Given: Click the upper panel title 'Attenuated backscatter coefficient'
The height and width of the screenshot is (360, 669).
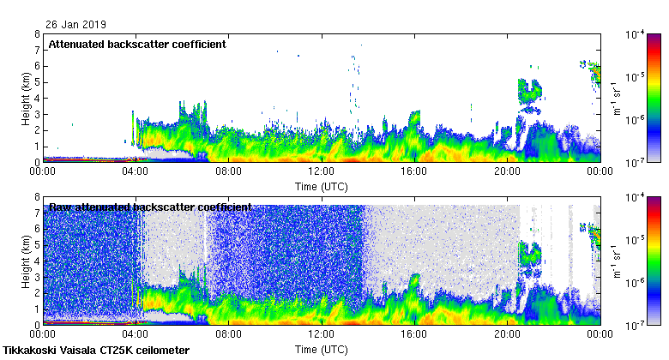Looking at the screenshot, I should point(137,45).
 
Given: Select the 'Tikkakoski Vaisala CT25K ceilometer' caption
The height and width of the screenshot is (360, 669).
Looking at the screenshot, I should point(95,351).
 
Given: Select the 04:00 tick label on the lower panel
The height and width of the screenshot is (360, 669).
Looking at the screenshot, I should point(136,336).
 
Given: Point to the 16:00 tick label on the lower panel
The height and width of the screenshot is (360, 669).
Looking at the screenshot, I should point(414,336).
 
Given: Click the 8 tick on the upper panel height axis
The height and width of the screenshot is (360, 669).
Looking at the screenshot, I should point(37,34).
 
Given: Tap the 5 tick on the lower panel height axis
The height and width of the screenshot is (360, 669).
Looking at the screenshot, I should point(37,245).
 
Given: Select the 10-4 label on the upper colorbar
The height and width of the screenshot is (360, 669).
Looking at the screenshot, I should point(636,34).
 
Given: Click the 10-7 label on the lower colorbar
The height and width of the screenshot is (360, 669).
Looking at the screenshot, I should point(636,326).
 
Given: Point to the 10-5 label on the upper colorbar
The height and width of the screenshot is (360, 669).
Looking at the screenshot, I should point(636,77).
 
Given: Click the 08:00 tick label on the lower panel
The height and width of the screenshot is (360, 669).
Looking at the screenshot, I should point(228,336).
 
